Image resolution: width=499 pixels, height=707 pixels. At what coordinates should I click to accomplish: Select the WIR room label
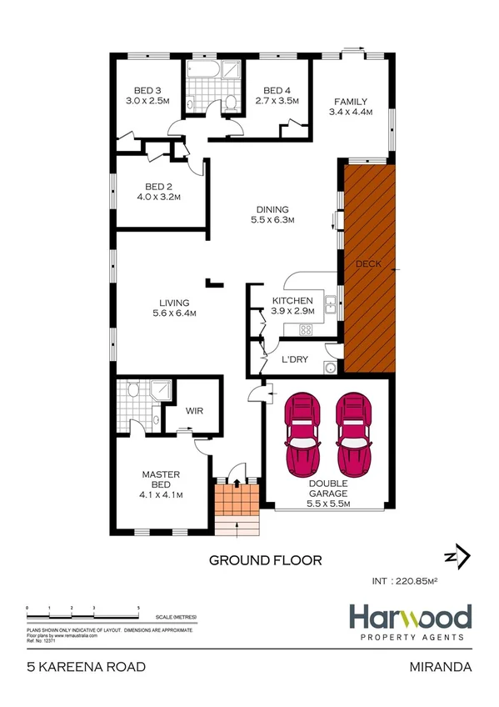[195, 411]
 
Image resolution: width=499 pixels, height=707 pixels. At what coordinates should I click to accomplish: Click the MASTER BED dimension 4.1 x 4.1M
[162, 494]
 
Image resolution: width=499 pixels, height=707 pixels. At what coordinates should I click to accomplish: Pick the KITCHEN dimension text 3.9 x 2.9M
[292, 311]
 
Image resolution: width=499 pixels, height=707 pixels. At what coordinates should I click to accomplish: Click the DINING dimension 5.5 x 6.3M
[272, 220]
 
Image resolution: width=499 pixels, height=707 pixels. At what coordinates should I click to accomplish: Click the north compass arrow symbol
[456, 556]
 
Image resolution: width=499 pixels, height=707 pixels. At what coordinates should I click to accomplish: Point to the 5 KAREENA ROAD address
[86, 667]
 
